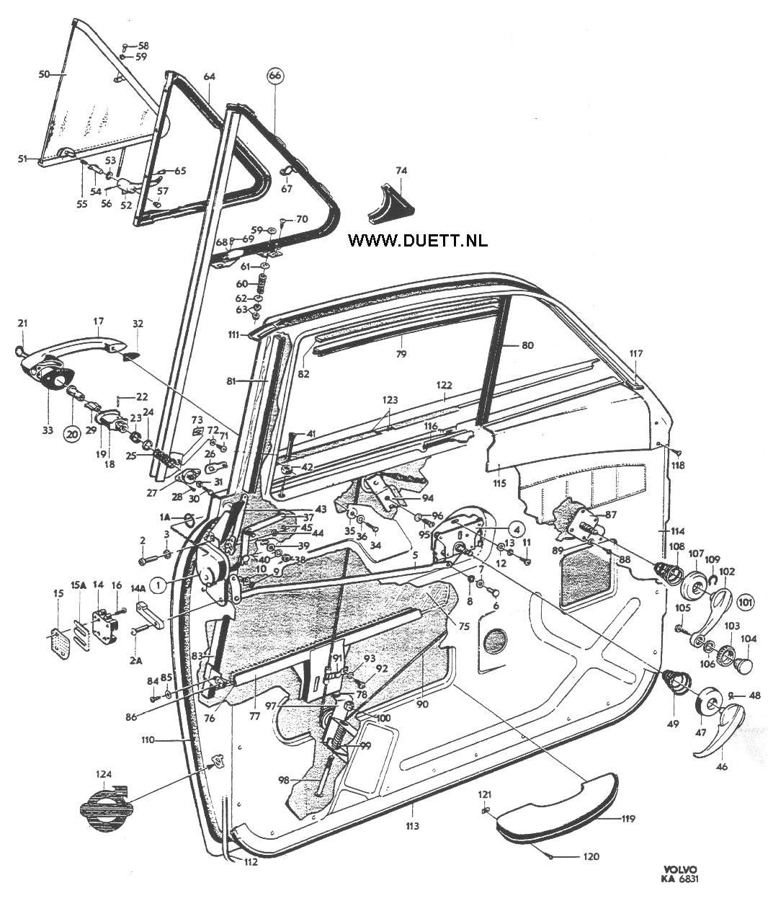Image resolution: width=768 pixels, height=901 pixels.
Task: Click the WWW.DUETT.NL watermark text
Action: click(418, 240)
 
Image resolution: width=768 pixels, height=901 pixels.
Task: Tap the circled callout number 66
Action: click(275, 76)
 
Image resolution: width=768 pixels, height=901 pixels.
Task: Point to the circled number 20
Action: click(73, 434)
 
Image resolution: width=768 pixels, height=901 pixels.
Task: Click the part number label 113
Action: click(412, 826)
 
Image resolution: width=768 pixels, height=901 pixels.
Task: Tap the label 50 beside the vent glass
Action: click(45, 74)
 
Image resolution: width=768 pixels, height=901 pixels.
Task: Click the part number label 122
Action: click(444, 385)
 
